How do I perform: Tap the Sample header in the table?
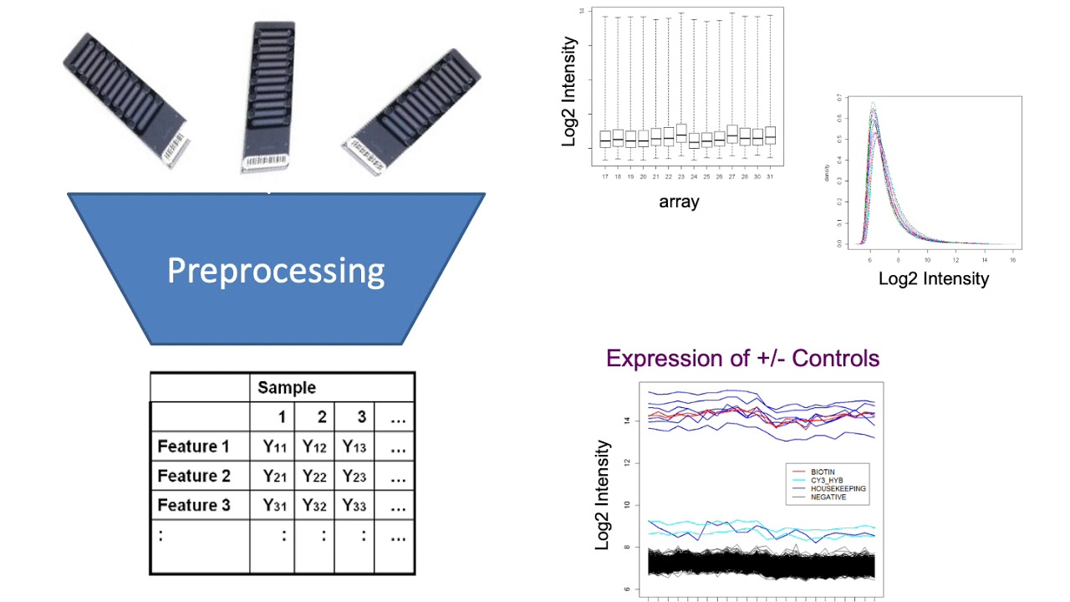click(287, 387)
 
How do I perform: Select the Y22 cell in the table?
click(314, 476)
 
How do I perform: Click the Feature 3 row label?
click(194, 505)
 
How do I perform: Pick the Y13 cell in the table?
click(354, 446)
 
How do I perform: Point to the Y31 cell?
click(275, 505)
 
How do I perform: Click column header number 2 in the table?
click(322, 416)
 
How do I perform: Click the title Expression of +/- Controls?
click(742, 359)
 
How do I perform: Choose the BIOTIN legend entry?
click(823, 472)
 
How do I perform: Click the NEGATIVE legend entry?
click(828, 497)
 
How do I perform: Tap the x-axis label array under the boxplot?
click(679, 202)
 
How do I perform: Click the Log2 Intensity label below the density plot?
click(933, 278)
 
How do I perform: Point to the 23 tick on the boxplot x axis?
click(681, 176)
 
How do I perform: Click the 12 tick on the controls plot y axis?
click(627, 462)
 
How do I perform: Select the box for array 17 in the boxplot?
click(605, 139)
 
